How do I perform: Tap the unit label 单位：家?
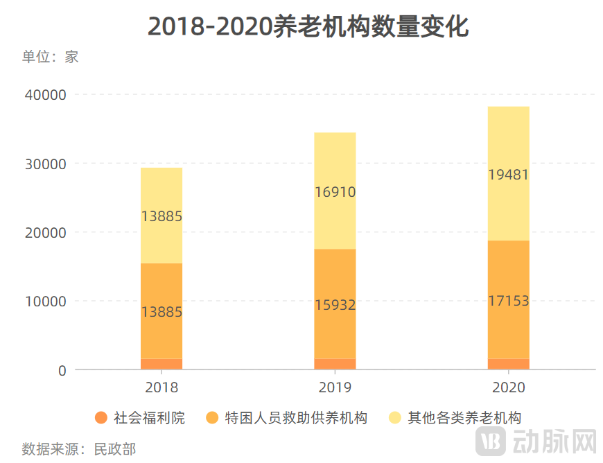(50, 57)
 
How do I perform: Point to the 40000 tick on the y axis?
(47, 94)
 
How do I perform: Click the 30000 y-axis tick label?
(47, 164)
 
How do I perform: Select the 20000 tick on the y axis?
(47, 232)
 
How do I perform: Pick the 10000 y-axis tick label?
(47, 301)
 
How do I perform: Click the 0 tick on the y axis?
(62, 370)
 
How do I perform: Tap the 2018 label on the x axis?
(161, 387)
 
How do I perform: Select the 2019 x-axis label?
(335, 387)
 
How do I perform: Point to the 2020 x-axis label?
(508, 387)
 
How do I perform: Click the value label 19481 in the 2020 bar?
(508, 175)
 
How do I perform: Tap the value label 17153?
(508, 301)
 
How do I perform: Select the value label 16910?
(335, 192)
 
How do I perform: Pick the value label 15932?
(335, 305)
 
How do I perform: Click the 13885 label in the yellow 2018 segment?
(161, 216)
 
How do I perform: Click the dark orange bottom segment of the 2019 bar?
(335, 364)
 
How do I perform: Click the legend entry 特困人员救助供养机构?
(287, 418)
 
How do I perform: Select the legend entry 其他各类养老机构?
(455, 418)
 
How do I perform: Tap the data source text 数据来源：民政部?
(79, 448)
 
